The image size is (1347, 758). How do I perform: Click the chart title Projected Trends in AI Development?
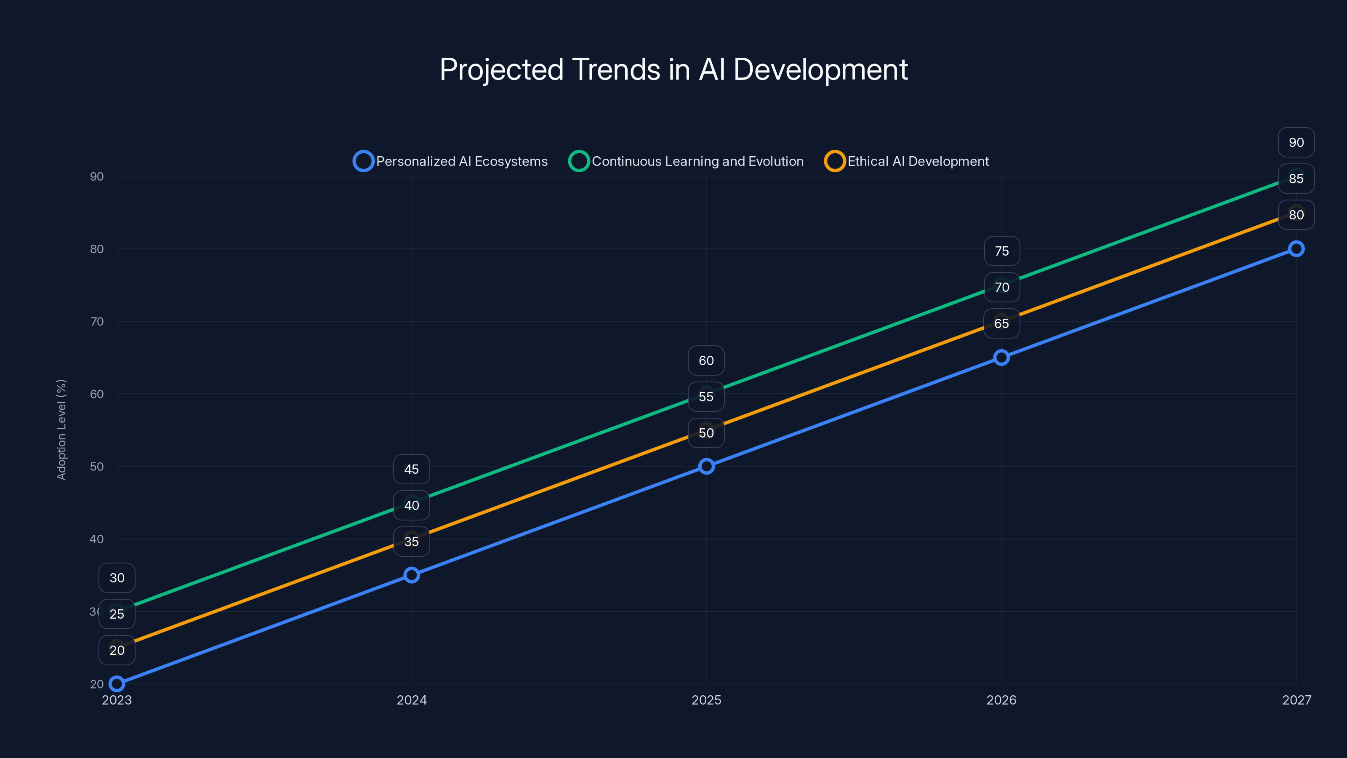673,69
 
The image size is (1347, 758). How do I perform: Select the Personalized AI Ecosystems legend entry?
451,161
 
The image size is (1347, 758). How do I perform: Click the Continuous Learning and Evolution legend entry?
686,161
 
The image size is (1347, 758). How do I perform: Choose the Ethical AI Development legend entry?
907,161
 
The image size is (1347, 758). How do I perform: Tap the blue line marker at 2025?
706,466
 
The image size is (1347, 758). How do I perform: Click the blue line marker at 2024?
412,575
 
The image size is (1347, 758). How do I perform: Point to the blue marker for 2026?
1001,358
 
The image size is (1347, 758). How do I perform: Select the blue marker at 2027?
1296,249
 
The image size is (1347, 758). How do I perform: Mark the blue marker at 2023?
117,684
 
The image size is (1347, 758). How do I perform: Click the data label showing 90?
1296,142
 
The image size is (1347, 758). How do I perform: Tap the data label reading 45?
412,469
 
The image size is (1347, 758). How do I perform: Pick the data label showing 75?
1002,251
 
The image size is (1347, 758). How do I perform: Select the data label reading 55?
706,397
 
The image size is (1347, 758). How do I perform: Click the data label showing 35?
412,542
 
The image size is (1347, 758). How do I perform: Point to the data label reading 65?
1001,323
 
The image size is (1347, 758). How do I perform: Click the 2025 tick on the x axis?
706,700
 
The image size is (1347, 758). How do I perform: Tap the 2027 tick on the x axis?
1296,700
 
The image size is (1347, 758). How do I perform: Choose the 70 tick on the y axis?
97,321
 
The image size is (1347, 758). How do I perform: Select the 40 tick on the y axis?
97,539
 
